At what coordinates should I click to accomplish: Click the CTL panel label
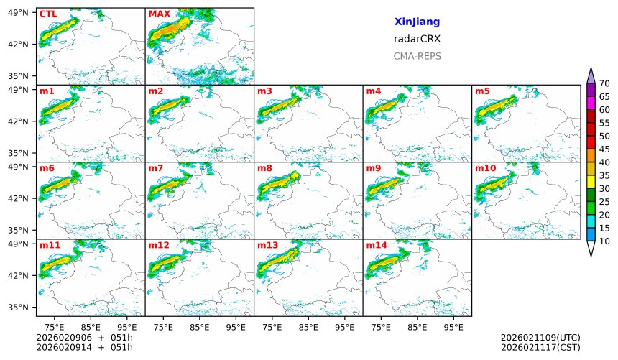pos(48,14)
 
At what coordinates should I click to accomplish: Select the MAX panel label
pos(159,14)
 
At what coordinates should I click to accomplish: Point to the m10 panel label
pos(485,168)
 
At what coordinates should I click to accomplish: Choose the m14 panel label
pos(376,245)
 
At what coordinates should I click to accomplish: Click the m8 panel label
pos(264,168)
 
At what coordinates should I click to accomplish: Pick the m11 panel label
pos(50,245)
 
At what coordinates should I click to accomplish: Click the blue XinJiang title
pos(417,22)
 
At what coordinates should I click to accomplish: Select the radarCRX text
pos(417,39)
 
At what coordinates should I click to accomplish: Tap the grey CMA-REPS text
pos(417,56)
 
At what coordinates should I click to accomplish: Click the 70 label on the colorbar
pos(604,84)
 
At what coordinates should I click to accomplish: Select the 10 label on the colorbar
pos(604,241)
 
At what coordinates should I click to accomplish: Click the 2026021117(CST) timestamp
pos(540,348)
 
